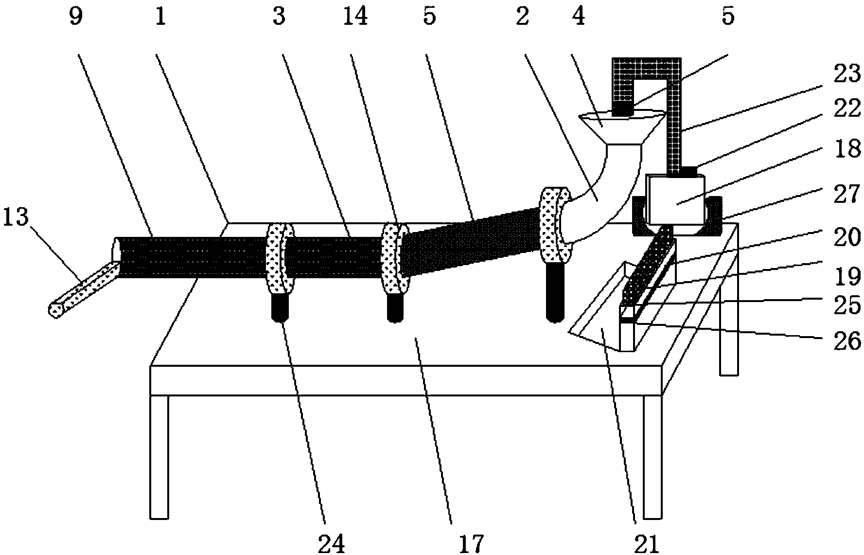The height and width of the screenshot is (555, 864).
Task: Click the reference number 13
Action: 16,217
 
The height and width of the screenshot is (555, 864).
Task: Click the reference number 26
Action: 847,341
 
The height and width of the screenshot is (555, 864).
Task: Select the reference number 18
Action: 847,148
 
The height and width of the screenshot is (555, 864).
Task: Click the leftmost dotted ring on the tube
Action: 279,258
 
